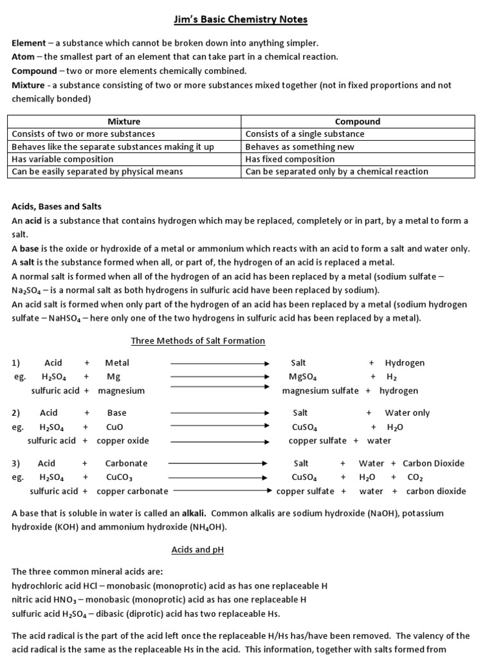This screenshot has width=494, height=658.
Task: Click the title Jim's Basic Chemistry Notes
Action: [241, 20]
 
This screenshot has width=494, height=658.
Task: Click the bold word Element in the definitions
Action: [29, 43]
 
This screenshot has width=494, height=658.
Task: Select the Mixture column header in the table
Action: [123, 121]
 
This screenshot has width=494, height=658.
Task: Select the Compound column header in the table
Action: [358, 121]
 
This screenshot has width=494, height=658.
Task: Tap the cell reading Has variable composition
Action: [57, 159]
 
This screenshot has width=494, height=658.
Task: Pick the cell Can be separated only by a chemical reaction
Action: [336, 172]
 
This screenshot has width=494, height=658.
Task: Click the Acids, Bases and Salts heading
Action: [57, 207]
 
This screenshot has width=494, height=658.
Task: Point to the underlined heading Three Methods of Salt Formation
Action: [198, 341]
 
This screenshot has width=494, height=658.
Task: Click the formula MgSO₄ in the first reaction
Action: [304, 377]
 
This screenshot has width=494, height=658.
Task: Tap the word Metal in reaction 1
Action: [117, 363]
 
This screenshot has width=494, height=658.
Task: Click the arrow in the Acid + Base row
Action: [219, 413]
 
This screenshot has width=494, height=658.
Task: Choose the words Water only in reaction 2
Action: [407, 413]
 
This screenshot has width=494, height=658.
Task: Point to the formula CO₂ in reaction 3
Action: [415, 477]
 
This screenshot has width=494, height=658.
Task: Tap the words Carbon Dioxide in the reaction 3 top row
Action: [433, 463]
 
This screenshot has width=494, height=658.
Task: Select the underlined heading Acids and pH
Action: [197, 550]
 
